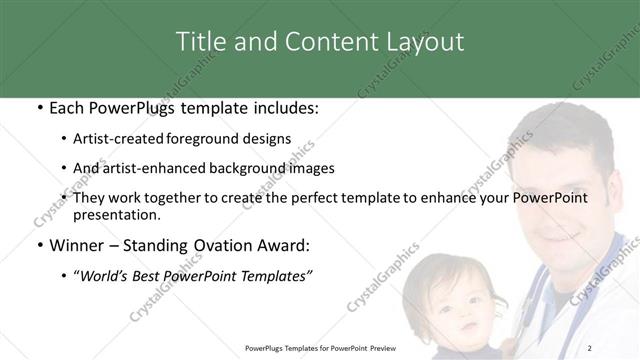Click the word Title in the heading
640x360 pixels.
tap(201, 41)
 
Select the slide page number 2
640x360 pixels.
tap(591, 348)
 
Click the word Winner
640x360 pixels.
tap(78, 244)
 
